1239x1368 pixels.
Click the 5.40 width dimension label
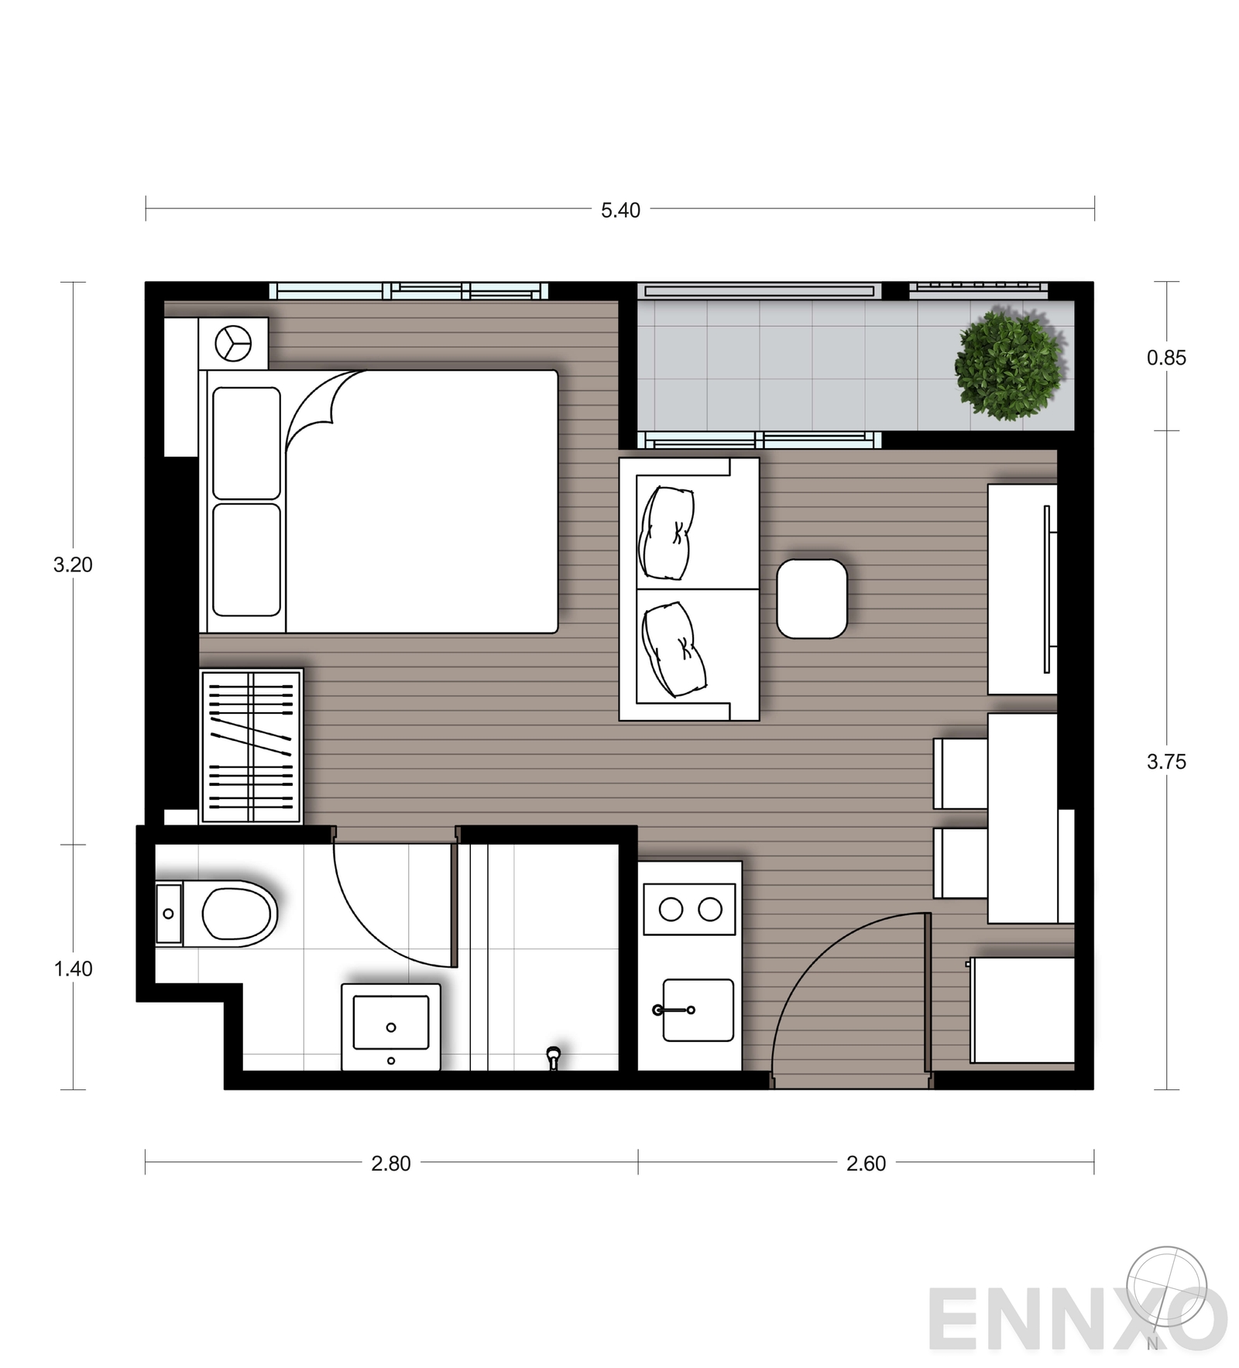620,211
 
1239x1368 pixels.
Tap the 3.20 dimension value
73,565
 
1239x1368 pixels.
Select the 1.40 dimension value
74,969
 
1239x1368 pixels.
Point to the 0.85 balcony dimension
1166,358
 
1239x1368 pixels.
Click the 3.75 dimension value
1166,762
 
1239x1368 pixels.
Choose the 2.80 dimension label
391,1164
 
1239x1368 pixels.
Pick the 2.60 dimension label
866,1164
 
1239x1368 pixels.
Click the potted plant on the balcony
1009,365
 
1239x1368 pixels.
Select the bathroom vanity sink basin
391,1022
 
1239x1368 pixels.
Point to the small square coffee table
812,599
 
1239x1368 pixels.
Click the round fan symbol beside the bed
233,343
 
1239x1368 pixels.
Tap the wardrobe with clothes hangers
251,746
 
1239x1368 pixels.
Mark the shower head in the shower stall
553,1057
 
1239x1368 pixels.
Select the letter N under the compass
1152,1344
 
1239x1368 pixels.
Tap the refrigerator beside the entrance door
1022,1010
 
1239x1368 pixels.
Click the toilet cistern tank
169,914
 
